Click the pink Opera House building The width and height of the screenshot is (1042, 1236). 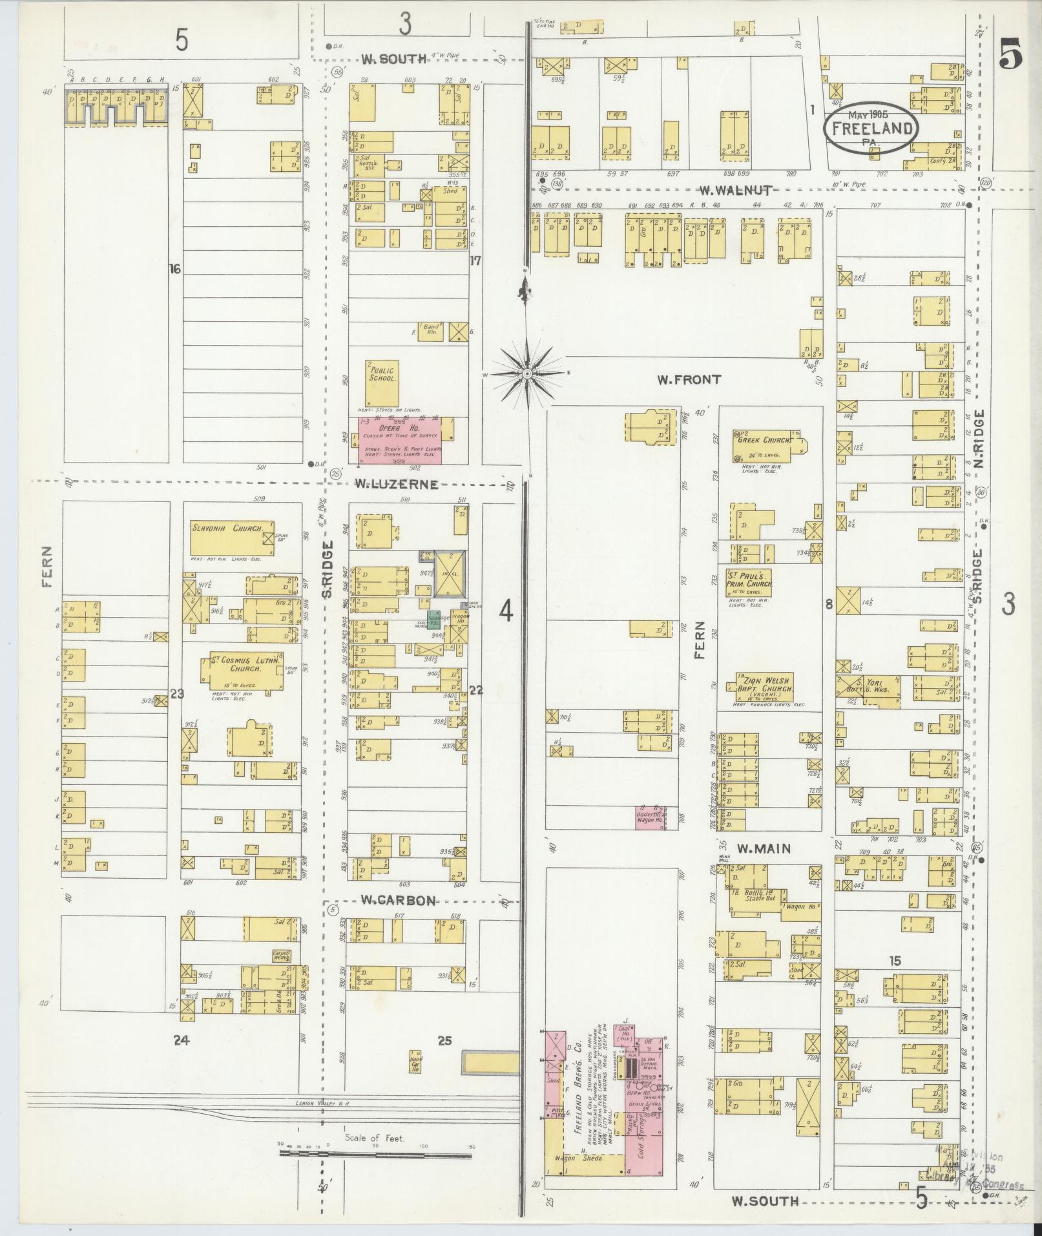(x=401, y=440)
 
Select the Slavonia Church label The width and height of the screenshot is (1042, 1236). (x=227, y=528)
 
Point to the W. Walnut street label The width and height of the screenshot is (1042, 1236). (x=736, y=190)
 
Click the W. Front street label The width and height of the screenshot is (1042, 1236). (x=689, y=380)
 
